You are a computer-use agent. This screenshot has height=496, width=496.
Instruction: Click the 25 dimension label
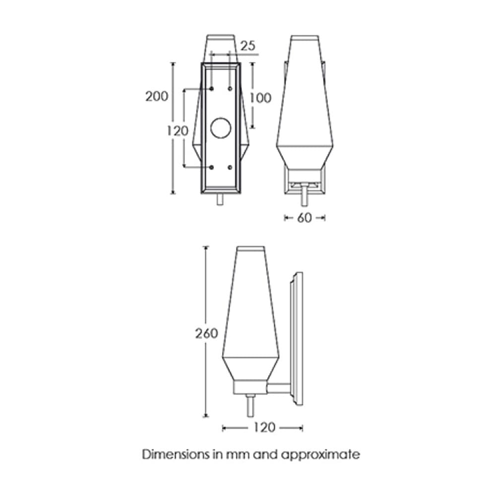click(x=248, y=46)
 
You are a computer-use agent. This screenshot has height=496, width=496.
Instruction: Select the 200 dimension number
click(x=157, y=96)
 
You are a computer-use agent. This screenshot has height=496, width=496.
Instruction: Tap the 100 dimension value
click(x=261, y=98)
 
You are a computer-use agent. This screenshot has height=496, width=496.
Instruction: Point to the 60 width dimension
click(x=305, y=218)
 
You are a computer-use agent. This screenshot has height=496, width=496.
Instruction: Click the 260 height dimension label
click(x=206, y=333)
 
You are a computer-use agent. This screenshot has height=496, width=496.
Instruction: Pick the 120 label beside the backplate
click(x=178, y=130)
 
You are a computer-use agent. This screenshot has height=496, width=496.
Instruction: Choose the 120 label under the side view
click(x=264, y=428)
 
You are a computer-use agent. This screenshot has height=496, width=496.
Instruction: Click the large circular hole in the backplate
click(x=221, y=128)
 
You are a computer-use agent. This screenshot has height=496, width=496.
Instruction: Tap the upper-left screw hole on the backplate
click(x=212, y=89)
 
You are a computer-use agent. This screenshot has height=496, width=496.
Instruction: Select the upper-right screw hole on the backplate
click(x=230, y=89)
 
